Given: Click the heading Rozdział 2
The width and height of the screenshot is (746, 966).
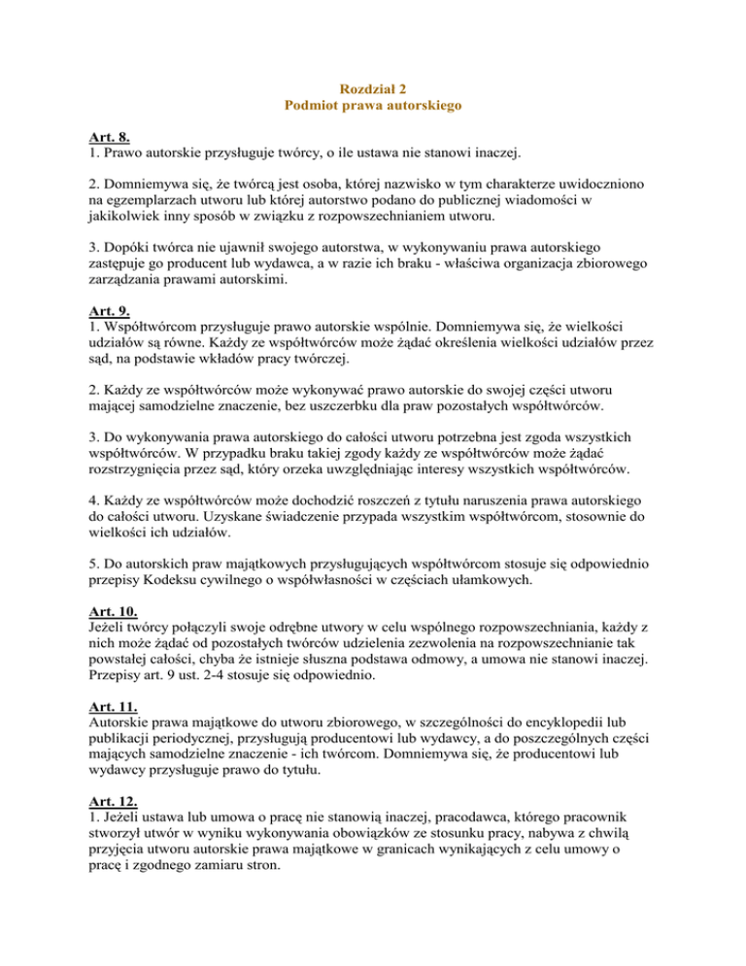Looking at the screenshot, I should pos(373,87).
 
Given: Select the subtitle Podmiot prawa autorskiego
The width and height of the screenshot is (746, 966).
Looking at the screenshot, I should pos(373,105).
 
